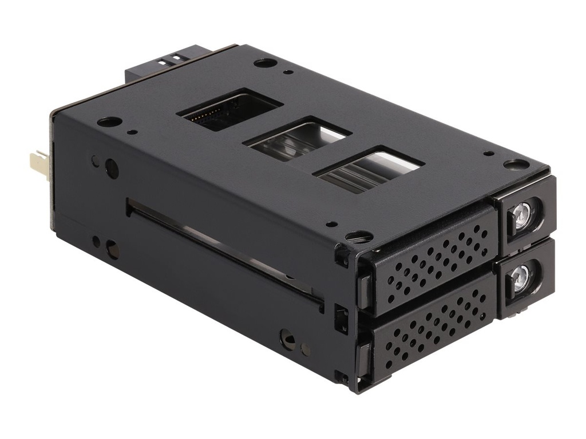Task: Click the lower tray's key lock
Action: click(521, 278)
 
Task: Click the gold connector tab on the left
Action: click(38, 165)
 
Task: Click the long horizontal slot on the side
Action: click(223, 252)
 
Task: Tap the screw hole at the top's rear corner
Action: click(265, 62)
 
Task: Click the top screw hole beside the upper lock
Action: click(516, 164)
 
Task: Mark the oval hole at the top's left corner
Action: click(109, 122)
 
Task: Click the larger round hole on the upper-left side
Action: click(112, 169)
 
